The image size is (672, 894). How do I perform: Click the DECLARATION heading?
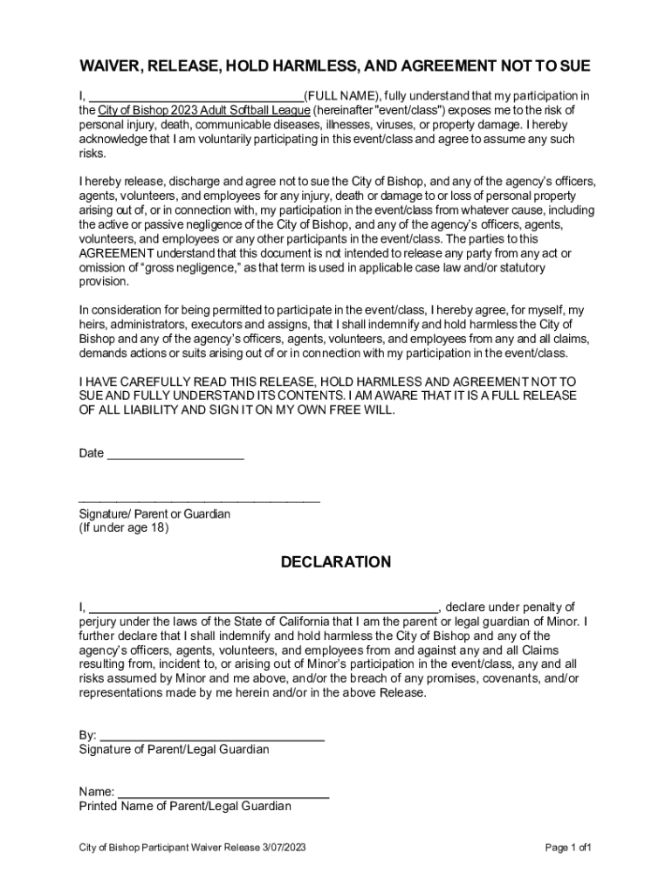tap(336, 562)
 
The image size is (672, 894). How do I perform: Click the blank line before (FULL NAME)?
tap(196, 96)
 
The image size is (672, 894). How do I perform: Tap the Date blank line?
tap(175, 455)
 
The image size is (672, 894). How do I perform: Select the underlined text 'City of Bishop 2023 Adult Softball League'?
tap(203, 111)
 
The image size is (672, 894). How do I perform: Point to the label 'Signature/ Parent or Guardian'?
tap(154, 514)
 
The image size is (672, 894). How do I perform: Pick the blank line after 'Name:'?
tap(223, 793)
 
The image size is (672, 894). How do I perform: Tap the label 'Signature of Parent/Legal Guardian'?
tap(174, 750)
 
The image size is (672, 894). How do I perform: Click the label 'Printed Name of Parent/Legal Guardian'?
tap(185, 807)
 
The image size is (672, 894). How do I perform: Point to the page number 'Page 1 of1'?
tap(569, 848)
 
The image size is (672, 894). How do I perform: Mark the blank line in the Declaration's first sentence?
tap(264, 608)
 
